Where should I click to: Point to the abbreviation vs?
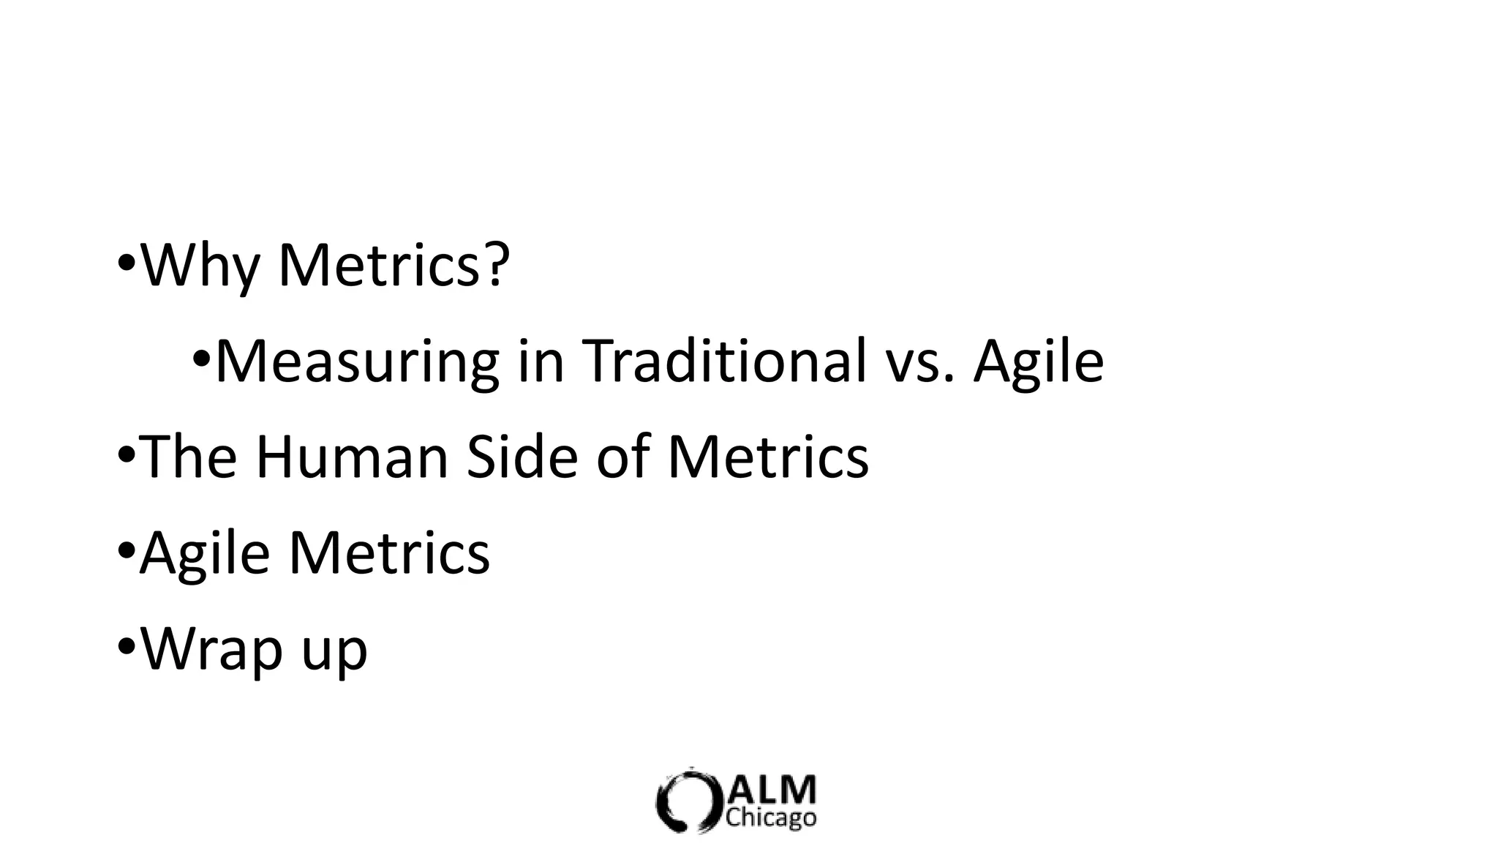point(920,363)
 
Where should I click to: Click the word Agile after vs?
point(1038,363)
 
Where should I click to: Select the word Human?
point(351,457)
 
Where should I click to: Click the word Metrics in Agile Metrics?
point(388,553)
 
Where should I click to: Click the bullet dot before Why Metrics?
point(126,263)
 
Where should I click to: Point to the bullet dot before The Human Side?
point(126,455)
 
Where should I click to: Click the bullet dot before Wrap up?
point(126,648)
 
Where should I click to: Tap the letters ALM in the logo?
point(772,790)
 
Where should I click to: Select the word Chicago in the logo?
point(771,818)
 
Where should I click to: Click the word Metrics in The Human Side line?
point(767,457)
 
